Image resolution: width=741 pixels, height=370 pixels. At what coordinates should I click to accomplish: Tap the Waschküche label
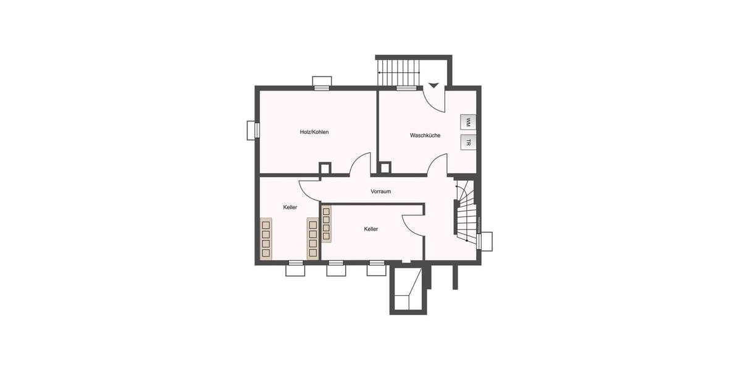[x=425, y=135]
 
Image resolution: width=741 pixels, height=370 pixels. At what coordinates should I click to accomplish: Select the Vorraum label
[x=380, y=191]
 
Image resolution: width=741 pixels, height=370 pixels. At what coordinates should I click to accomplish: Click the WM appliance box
[x=468, y=122]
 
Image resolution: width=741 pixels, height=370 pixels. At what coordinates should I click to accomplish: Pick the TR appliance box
[x=468, y=143]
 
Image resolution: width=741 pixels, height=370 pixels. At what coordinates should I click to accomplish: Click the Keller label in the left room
[x=290, y=207]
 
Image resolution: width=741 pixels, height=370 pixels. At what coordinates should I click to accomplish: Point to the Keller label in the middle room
[x=371, y=229]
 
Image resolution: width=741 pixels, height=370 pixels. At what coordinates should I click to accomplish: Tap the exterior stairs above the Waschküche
[x=399, y=72]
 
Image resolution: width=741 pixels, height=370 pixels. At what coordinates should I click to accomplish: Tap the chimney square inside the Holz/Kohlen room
[x=325, y=168]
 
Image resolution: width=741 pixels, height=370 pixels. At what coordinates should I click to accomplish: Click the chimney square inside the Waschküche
[x=385, y=167]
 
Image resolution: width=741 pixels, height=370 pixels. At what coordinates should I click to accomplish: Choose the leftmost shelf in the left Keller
[x=266, y=239]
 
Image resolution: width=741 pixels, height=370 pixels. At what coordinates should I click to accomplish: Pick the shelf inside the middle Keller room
[x=325, y=223]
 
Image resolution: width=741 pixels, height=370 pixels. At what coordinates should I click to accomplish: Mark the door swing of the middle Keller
[x=412, y=224]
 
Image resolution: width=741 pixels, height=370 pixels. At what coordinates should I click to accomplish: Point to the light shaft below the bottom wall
[x=406, y=291]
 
